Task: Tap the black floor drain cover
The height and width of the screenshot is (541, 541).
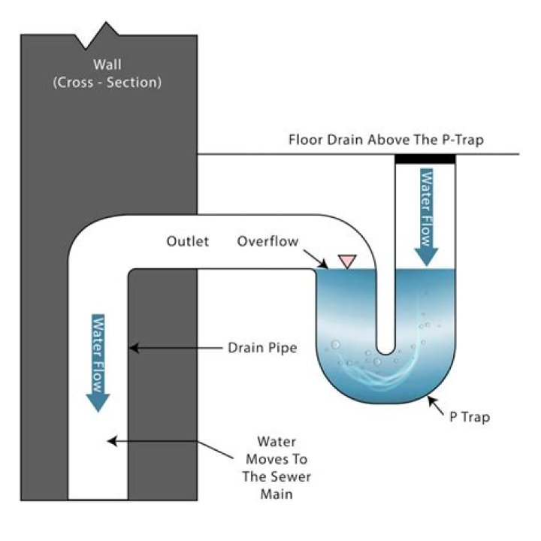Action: tap(425, 159)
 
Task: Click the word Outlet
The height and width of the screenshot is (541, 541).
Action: tap(188, 241)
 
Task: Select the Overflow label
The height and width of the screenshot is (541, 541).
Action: tap(267, 241)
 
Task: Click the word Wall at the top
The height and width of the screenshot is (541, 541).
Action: tap(107, 64)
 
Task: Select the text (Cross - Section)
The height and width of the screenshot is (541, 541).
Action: tap(107, 82)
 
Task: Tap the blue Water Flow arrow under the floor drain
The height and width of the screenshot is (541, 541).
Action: tap(426, 218)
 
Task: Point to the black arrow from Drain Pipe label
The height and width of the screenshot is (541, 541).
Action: tap(173, 348)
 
